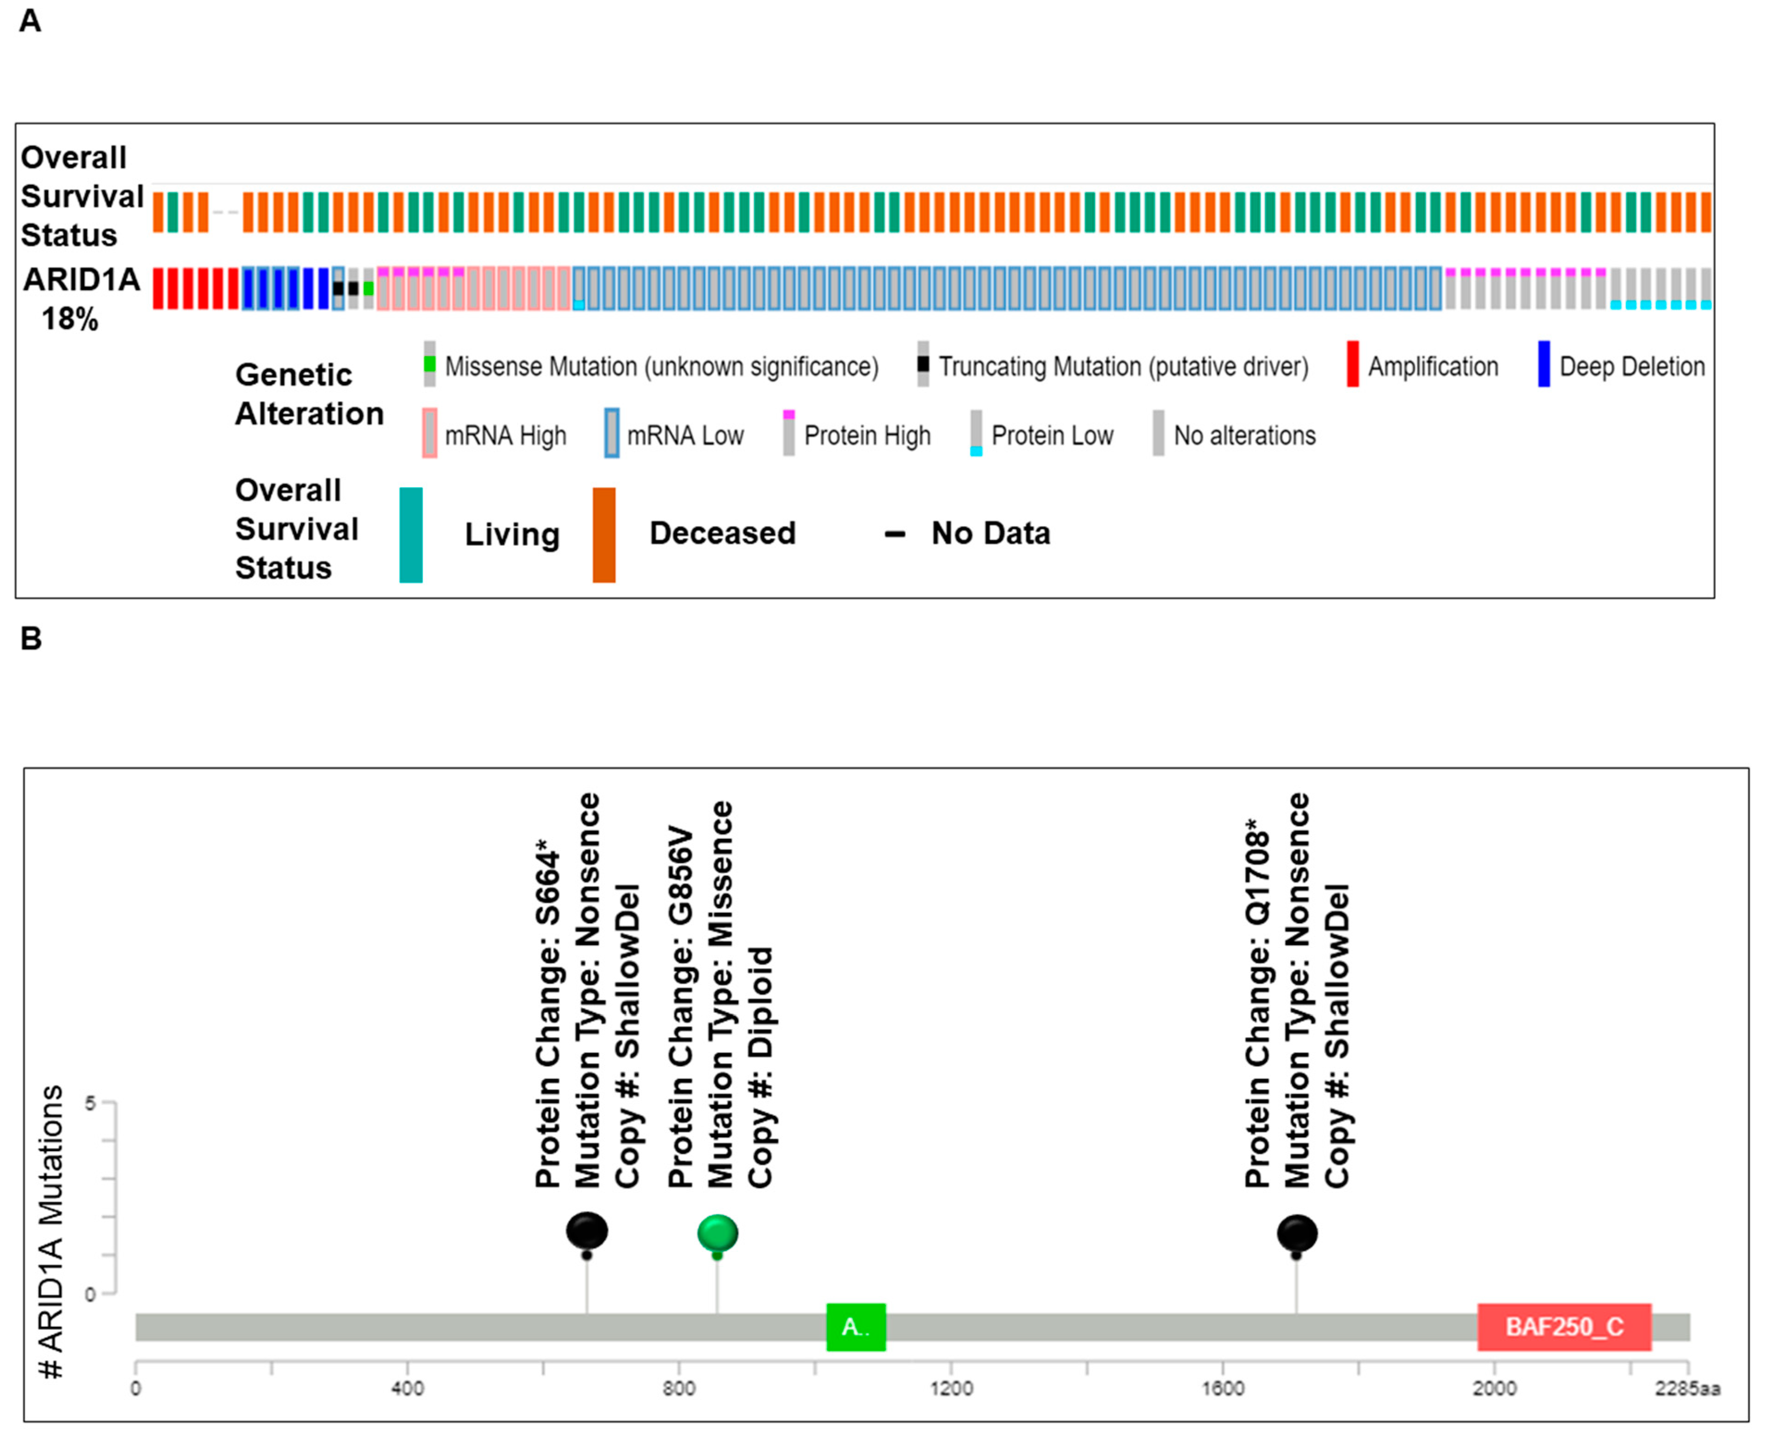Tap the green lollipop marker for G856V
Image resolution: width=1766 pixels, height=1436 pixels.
click(x=717, y=1233)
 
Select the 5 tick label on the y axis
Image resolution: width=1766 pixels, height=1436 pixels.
click(x=90, y=1103)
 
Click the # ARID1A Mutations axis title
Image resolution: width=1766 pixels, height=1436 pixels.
click(x=51, y=1233)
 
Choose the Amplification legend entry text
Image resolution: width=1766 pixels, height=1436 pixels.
click(x=1433, y=366)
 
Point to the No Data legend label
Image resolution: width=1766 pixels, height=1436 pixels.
click(x=990, y=534)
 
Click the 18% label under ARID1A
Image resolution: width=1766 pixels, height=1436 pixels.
click(x=70, y=319)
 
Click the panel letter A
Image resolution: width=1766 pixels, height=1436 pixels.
click(x=30, y=21)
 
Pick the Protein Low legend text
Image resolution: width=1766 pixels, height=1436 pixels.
click(x=1052, y=436)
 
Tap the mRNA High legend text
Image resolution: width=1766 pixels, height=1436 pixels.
click(x=505, y=436)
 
